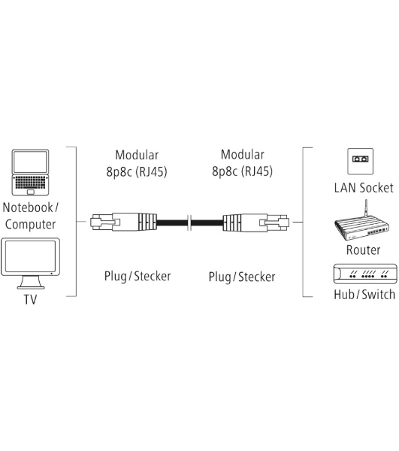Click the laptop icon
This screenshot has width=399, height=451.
coord(30,172)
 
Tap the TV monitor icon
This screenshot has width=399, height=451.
coord(31,263)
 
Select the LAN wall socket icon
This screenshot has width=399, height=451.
coord(360,162)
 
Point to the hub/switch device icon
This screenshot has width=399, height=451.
coord(365,274)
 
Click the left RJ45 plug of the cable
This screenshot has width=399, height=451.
coord(124,222)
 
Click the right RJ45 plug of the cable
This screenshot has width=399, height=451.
coord(255,222)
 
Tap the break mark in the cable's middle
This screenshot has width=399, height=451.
coord(189,222)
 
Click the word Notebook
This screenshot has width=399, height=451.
coord(28,207)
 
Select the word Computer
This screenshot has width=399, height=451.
coord(31,225)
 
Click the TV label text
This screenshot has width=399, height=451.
coord(30,299)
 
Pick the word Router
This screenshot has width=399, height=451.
coord(363,250)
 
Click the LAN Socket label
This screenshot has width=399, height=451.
coord(364,188)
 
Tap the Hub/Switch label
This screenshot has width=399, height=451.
coord(364,295)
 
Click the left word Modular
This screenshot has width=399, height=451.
coord(137,155)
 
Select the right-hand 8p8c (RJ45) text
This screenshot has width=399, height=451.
coord(243,171)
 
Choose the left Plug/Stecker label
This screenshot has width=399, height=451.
coord(138,277)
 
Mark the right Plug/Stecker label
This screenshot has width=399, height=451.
coord(242,277)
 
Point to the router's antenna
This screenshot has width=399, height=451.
coord(366,208)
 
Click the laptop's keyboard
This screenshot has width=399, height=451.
coord(30,183)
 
